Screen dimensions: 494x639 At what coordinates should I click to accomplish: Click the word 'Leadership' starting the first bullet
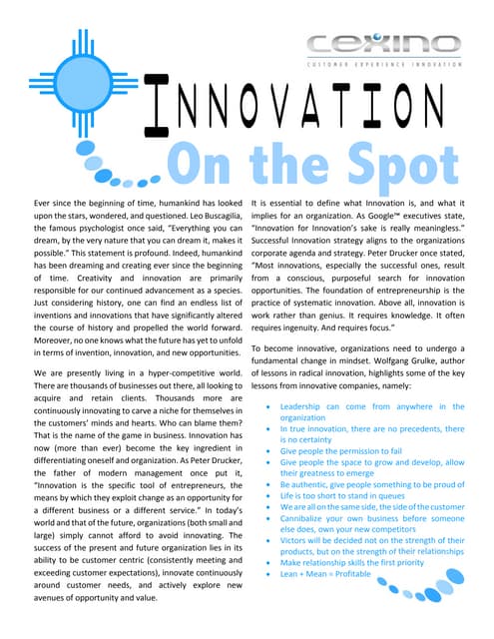pos(305,407)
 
